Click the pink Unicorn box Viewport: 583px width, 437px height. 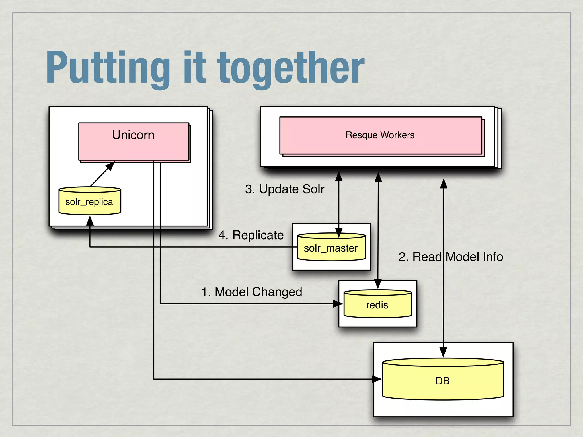coord(134,142)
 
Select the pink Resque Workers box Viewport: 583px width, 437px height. coord(380,135)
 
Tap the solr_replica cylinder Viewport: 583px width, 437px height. coord(90,201)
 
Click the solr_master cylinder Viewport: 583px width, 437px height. coord(331,248)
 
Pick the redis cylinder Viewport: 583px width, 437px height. coord(377,304)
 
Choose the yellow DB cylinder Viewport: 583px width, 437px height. coord(443,380)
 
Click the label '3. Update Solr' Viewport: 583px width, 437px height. coord(284,189)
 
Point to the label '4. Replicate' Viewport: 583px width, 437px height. coord(251,235)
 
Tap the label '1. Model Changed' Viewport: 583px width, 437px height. coord(252,292)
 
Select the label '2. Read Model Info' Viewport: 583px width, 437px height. coord(451,257)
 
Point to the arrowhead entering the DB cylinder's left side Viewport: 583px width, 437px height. coord(377,379)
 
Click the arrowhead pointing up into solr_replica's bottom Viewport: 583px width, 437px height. coord(90,221)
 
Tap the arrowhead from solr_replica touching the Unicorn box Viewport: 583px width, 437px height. coord(110,166)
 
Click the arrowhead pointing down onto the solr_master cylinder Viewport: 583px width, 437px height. coord(339,232)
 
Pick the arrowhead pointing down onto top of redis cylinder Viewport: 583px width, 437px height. coord(378,284)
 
